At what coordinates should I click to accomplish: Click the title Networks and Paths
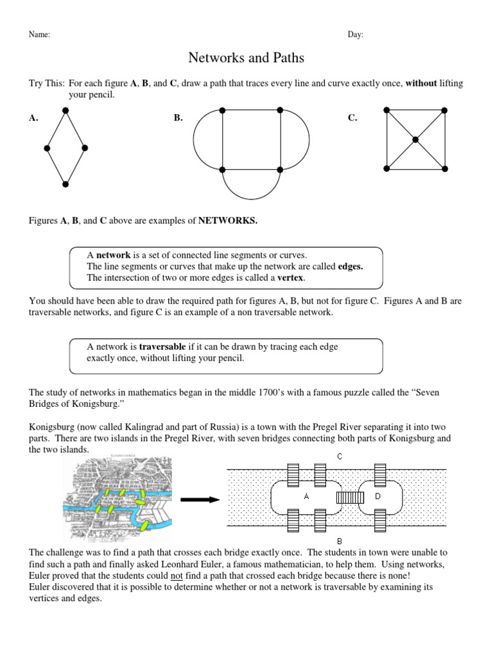tap(246, 58)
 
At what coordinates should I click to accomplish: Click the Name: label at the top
tap(39, 35)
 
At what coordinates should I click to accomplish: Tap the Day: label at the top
tap(356, 35)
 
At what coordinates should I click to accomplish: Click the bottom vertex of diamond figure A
tap(65, 184)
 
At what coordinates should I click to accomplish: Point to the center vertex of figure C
tap(415, 139)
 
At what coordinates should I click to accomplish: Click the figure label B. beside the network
tap(178, 118)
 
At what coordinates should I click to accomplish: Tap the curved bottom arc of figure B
tap(251, 193)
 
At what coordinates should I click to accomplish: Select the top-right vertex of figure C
tap(445, 110)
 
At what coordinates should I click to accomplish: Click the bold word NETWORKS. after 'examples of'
tap(227, 221)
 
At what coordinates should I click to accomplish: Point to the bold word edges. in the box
tap(350, 266)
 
